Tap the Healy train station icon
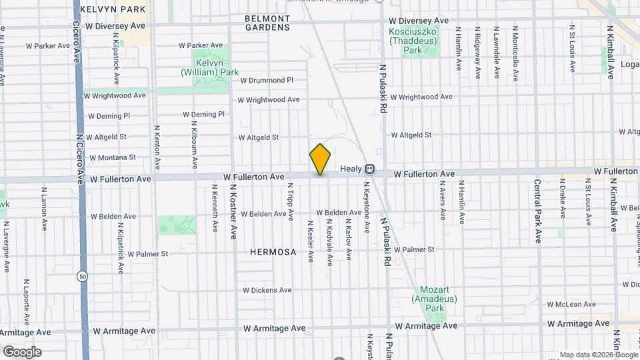(x=369, y=171)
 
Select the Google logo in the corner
(x=22, y=351)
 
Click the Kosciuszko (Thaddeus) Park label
(x=413, y=40)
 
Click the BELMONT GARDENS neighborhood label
(x=267, y=23)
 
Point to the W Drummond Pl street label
(x=266, y=80)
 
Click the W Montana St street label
(x=112, y=158)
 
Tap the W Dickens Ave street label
(x=267, y=290)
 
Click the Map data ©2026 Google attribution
(x=598, y=355)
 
